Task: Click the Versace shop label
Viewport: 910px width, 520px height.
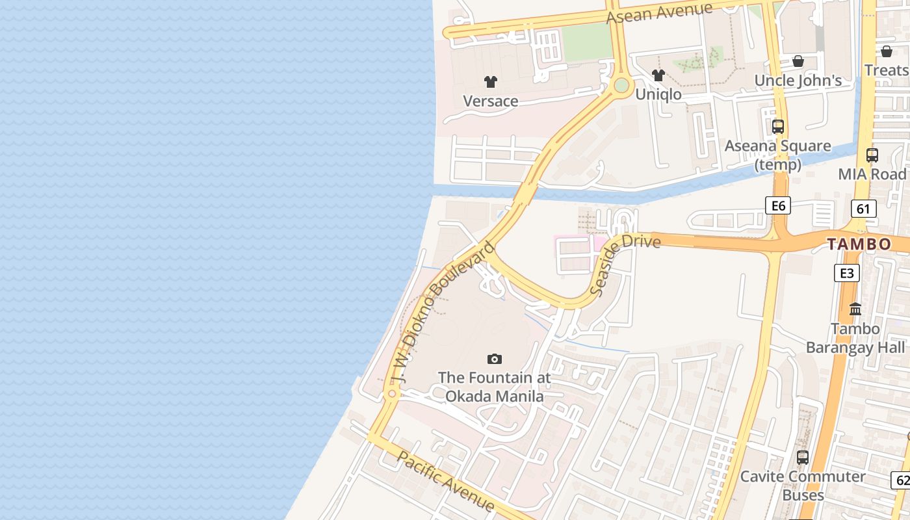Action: [x=490, y=101]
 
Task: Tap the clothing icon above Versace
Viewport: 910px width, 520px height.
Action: [x=490, y=82]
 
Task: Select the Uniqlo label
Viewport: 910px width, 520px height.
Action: [x=658, y=94]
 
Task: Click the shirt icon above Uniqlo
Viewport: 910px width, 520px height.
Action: [x=658, y=75]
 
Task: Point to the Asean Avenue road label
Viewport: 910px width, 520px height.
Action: [x=659, y=13]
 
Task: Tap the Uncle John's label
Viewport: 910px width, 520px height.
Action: [x=798, y=81]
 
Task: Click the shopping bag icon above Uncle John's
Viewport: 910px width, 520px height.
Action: [x=798, y=62]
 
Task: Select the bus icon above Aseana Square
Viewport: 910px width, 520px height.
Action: [x=777, y=127]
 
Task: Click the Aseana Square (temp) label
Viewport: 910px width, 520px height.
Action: [x=777, y=155]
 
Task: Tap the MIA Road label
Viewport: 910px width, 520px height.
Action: [x=872, y=174]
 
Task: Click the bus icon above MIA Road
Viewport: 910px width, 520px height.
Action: [x=872, y=155]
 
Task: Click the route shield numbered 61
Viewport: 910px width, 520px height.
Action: [x=863, y=209]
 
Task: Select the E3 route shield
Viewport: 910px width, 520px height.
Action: [x=846, y=273]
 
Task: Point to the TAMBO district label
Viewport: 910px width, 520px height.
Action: [x=859, y=244]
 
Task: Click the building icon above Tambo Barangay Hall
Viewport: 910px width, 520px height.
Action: [x=855, y=309]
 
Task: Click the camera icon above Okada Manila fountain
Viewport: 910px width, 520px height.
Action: [x=494, y=359]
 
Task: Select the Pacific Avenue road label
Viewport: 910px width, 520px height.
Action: [x=445, y=482]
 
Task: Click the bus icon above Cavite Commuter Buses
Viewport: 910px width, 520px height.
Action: [x=802, y=457]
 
